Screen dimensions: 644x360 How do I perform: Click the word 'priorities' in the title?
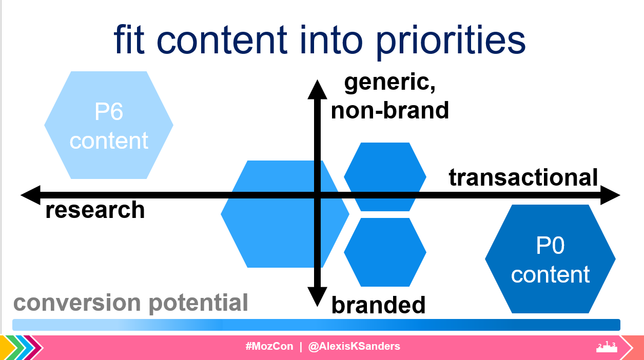tap(451, 42)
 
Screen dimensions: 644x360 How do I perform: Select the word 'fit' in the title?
tap(129, 39)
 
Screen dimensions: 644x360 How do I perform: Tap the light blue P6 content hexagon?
tap(109, 125)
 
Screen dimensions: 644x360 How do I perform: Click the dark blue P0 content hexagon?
tap(550, 259)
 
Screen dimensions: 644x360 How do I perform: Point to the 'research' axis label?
tap(95, 210)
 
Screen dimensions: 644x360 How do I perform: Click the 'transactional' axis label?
tap(523, 177)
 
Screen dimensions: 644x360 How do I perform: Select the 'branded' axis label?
tap(378, 305)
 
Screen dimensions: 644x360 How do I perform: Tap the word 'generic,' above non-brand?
tap(390, 83)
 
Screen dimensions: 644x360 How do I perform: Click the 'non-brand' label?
tap(390, 110)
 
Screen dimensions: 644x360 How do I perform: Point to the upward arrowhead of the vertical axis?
tap(318, 90)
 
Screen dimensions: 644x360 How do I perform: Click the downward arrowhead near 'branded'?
tap(318, 297)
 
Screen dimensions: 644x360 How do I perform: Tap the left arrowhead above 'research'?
tap(30, 195)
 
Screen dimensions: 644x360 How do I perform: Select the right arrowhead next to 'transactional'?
tap(610, 195)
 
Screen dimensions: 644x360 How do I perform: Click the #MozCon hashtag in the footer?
tap(269, 346)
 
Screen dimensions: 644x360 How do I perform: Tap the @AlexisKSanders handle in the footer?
tap(354, 346)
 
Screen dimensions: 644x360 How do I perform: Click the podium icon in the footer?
tap(607, 347)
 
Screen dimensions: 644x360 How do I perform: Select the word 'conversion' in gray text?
tap(77, 303)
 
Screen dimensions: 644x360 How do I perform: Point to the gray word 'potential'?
tap(199, 303)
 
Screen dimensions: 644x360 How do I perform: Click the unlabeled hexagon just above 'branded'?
tap(385, 252)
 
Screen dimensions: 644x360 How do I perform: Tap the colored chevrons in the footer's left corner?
tap(22, 348)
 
